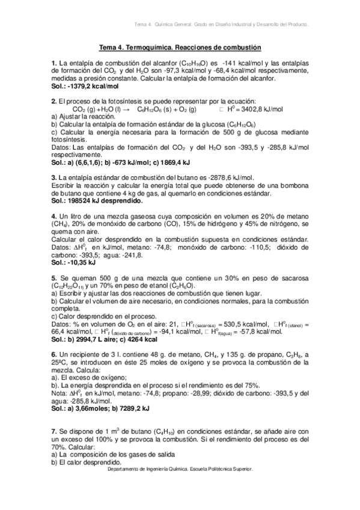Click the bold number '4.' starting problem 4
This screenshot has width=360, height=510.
(x=54, y=216)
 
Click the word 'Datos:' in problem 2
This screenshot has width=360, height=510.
(x=63, y=147)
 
